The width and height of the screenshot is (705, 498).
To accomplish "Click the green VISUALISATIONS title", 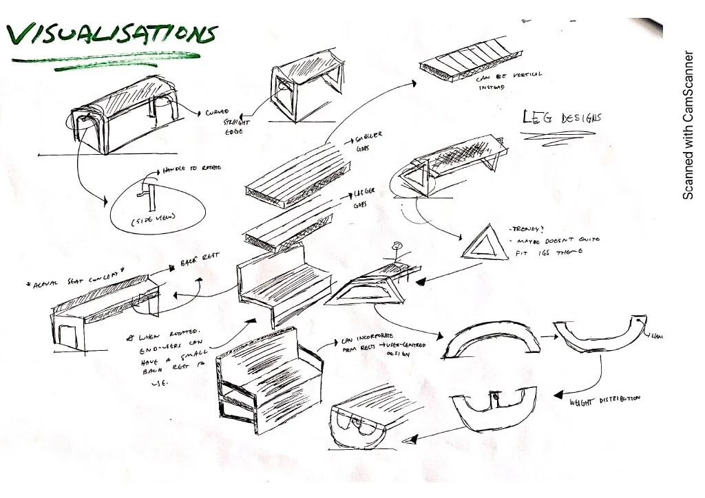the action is [110, 34].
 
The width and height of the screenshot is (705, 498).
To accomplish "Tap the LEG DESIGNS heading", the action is [560, 118].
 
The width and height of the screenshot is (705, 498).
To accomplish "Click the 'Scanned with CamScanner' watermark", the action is [688, 124].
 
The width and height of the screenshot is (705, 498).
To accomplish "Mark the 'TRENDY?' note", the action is [529, 228].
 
